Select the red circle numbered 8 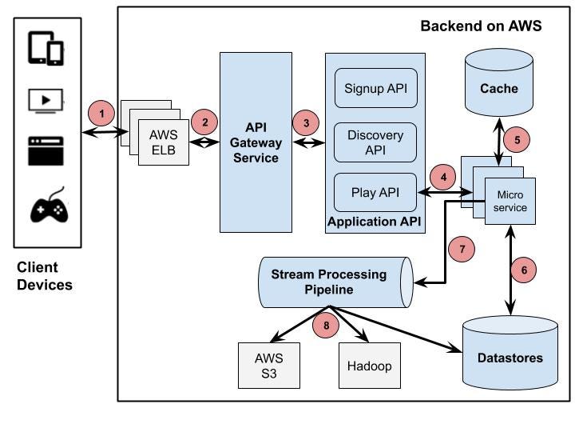click(326, 324)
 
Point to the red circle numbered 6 click(523, 270)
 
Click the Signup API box click(375, 88)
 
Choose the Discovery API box click(375, 142)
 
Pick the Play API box click(375, 192)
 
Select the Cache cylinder click(498, 85)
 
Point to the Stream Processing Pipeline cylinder click(334, 282)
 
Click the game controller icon click(47, 207)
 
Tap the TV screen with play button click(46, 100)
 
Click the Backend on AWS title click(481, 26)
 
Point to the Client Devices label click(44, 276)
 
